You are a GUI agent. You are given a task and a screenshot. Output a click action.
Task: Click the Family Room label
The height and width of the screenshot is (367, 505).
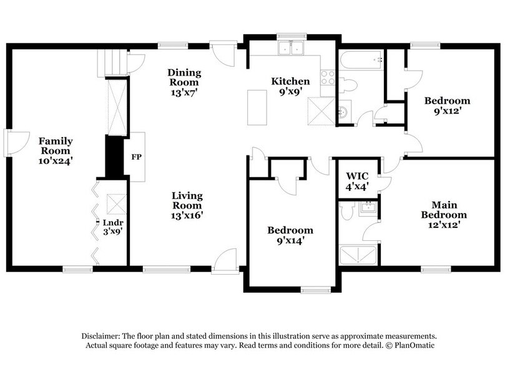[x=57, y=150]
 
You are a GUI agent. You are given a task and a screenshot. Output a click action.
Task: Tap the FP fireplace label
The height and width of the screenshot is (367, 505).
[x=136, y=157]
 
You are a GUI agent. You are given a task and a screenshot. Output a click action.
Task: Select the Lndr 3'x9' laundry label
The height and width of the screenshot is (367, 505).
[x=112, y=226]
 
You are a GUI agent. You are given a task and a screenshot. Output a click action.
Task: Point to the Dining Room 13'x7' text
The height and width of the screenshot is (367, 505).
[x=184, y=82]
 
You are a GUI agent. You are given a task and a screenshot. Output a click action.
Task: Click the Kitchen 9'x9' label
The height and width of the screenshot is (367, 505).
[x=290, y=86]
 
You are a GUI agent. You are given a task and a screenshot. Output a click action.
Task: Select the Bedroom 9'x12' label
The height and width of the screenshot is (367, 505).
[x=447, y=105]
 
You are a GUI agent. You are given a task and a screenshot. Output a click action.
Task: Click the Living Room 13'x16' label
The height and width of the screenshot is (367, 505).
[x=187, y=205]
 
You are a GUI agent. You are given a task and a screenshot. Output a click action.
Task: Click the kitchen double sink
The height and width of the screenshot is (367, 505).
[x=291, y=49]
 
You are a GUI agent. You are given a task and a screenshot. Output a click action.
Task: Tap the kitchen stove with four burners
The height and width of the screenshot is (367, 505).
[x=328, y=77]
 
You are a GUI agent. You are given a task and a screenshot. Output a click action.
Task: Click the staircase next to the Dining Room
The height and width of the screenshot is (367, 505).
[x=111, y=64]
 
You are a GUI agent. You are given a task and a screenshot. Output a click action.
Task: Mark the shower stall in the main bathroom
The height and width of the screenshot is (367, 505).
[x=357, y=255]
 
